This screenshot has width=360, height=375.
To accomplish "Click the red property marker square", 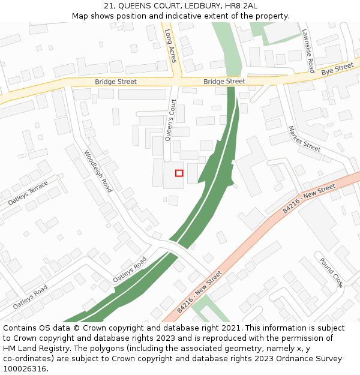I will tap(179, 173).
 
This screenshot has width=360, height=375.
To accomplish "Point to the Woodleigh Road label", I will tap(98, 171).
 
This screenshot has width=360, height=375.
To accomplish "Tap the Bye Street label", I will tap(338, 70).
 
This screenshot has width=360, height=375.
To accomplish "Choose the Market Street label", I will tap(304, 139).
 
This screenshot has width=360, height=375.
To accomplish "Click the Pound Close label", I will tap(331, 272).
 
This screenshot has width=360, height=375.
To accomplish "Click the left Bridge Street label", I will tap(116, 82).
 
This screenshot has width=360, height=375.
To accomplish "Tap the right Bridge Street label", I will tap(224, 81).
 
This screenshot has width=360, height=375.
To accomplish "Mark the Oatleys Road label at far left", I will tap(30, 297).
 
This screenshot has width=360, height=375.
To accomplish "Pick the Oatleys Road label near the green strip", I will tap(130, 270).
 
